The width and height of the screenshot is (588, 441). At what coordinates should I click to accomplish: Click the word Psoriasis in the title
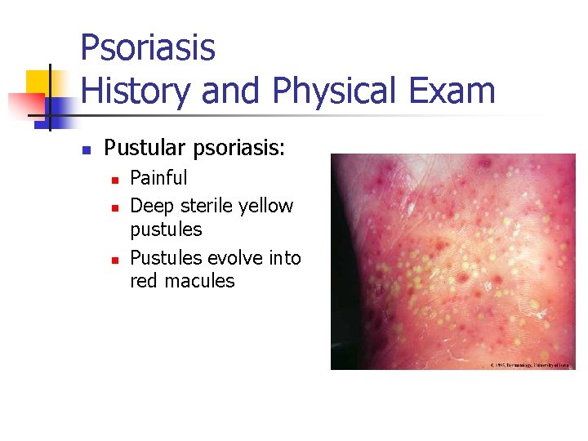click(148, 47)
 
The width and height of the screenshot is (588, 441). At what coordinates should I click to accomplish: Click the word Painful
click(158, 178)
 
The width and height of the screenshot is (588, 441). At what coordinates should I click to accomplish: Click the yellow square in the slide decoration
click(39, 82)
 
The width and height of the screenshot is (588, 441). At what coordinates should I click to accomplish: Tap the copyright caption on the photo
click(528, 364)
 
